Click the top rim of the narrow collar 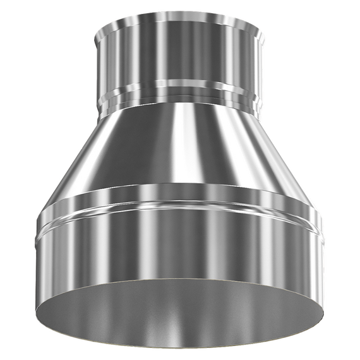[180, 14]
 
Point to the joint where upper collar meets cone [180, 109]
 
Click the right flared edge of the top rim [260, 28]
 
